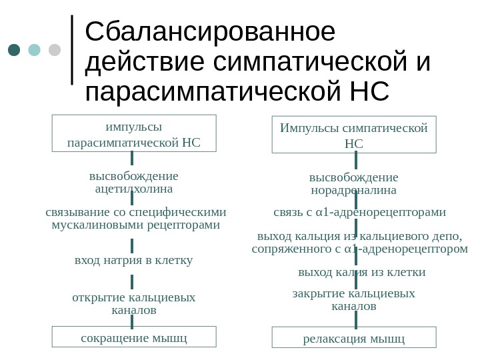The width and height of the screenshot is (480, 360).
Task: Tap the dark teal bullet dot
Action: [x=15, y=50]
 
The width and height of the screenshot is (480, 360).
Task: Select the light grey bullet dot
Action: [x=55, y=50]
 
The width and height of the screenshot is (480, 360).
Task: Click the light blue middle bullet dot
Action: [x=35, y=50]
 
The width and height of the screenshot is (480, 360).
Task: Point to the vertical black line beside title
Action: [x=72, y=50]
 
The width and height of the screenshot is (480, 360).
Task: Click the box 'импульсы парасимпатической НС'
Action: [x=134, y=133]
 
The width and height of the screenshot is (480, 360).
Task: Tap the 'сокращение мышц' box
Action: [x=134, y=337]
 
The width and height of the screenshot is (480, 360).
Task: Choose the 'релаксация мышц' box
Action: [x=354, y=338]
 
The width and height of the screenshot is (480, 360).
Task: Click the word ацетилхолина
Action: [x=134, y=189]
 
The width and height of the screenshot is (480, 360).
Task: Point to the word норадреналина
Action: [x=354, y=190]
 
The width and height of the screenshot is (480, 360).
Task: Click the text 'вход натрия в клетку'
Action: [x=134, y=260]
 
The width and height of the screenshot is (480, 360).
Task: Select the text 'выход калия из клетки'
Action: [x=361, y=272]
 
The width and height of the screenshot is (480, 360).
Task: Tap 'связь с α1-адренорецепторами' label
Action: [x=360, y=213]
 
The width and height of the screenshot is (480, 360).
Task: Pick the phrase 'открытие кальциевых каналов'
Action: [x=134, y=304]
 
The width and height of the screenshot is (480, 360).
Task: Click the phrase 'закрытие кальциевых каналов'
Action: [x=354, y=300]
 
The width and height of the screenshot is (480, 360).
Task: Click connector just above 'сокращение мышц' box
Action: [x=133, y=321]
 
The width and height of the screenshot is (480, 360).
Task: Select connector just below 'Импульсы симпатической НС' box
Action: [x=357, y=160]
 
